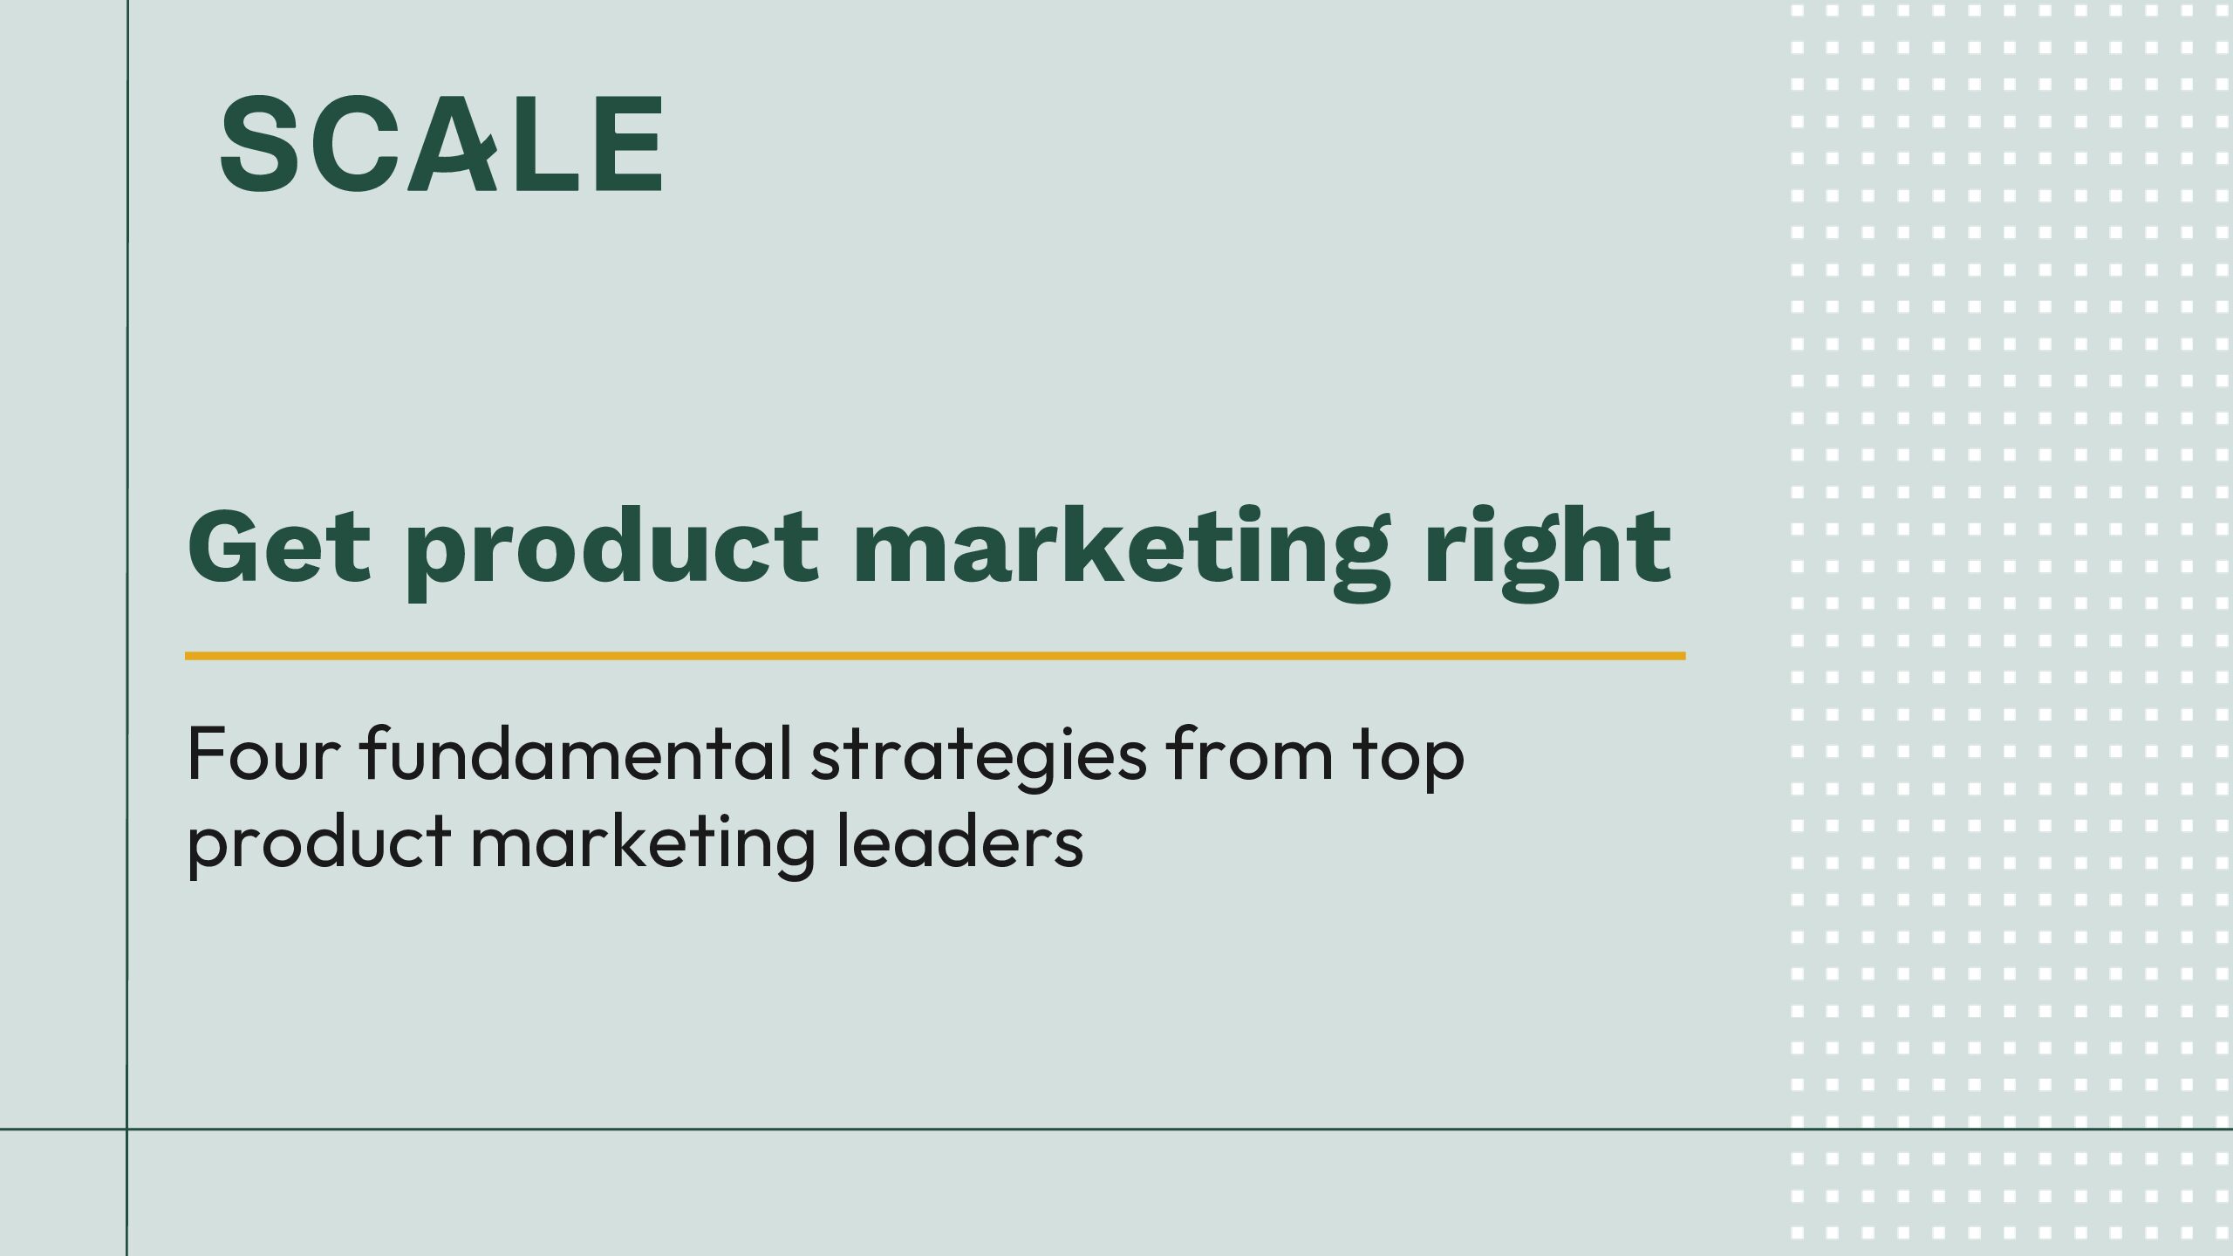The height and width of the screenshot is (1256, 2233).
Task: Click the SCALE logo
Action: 441,143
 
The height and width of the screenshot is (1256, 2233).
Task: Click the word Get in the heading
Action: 279,546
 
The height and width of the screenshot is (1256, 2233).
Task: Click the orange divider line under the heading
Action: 935,655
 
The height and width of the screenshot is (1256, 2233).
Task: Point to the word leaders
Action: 959,839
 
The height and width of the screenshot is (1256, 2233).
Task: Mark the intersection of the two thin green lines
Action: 127,1129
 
